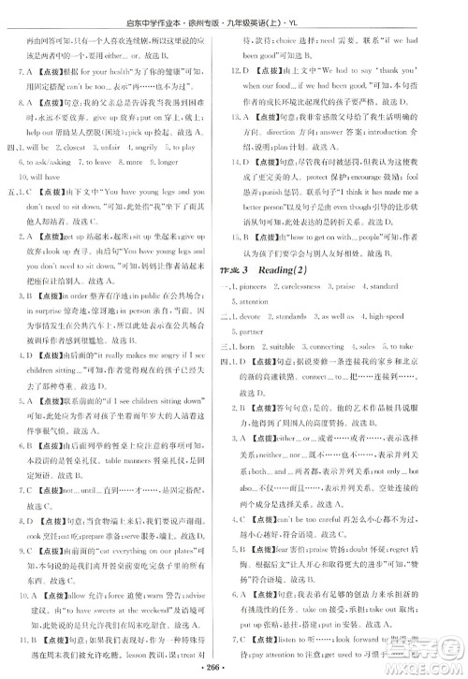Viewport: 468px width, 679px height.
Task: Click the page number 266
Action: coord(232,669)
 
